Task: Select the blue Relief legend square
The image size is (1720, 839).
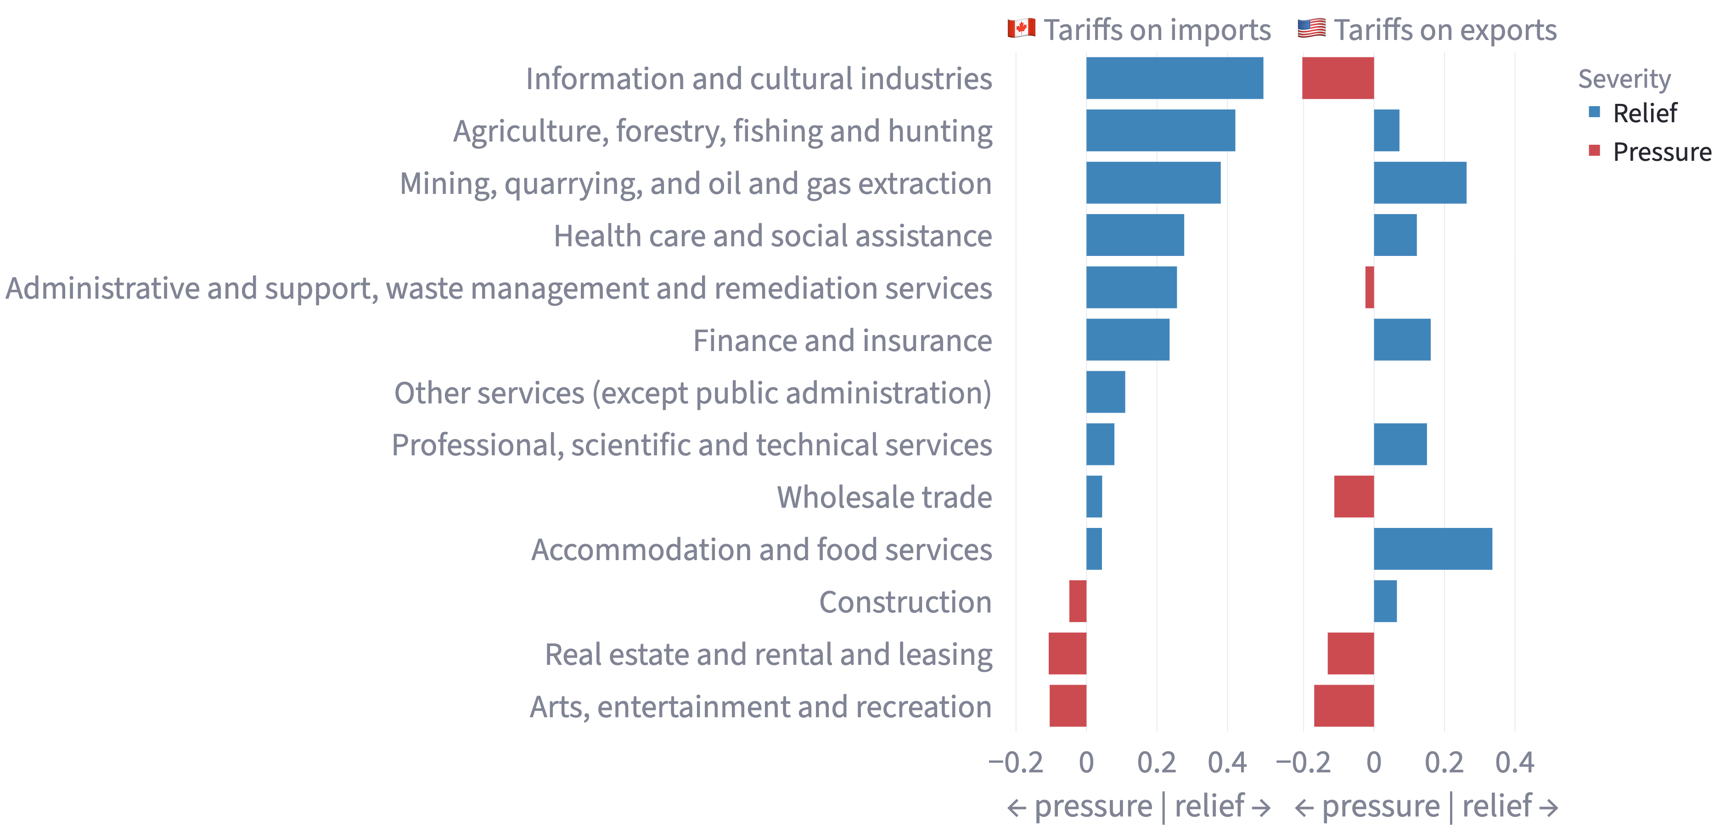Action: coord(1595,112)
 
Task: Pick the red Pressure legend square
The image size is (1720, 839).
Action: coord(1595,151)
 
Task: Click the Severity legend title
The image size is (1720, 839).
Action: coord(1624,79)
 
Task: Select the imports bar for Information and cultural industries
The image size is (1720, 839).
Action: coord(1175,78)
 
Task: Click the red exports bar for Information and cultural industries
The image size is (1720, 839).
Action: coord(1338,78)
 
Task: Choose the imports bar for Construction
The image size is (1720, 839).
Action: coord(1078,601)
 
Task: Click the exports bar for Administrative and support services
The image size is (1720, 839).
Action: coord(1370,287)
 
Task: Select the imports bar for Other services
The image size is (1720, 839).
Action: coord(1105,392)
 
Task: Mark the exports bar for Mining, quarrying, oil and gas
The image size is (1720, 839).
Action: coord(1420,182)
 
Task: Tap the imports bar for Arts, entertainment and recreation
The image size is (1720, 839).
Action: coord(1068,706)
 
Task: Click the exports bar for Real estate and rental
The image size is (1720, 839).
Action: coord(1350,653)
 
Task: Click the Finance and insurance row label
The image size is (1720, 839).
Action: coord(842,340)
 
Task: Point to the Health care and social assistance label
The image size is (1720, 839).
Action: coord(773,236)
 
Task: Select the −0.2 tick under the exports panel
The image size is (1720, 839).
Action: coord(1303,762)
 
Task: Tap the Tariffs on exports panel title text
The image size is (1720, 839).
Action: coord(1445,30)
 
